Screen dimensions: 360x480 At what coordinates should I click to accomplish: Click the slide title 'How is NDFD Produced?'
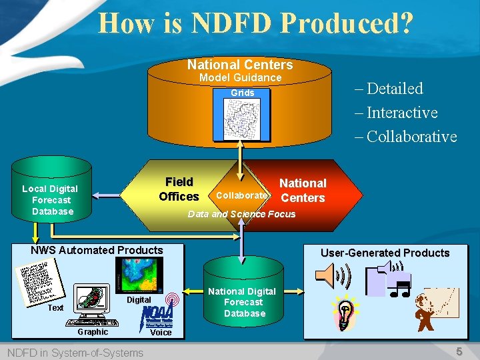point(255,23)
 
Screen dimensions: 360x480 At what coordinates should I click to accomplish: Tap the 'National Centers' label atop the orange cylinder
point(240,65)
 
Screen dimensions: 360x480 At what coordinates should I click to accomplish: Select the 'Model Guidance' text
point(241,78)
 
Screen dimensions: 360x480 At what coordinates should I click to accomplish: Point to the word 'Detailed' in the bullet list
point(395,89)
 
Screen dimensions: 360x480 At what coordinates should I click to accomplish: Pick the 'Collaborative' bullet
point(411,137)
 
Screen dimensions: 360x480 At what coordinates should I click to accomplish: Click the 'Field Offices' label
point(179,189)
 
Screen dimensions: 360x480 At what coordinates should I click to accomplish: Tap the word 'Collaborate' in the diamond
point(241,195)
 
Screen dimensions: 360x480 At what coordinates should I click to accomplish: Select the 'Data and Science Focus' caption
point(241,214)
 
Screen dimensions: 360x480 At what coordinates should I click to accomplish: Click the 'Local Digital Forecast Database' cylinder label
point(50,200)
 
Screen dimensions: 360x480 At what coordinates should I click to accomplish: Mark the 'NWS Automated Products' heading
point(97,251)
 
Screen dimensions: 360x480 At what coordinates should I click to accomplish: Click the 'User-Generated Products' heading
point(385,253)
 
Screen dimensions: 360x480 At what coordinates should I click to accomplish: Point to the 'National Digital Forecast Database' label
point(242,302)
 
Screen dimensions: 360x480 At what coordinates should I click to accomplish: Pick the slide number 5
point(459,351)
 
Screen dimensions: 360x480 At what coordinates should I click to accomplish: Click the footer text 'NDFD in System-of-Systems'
point(75,353)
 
